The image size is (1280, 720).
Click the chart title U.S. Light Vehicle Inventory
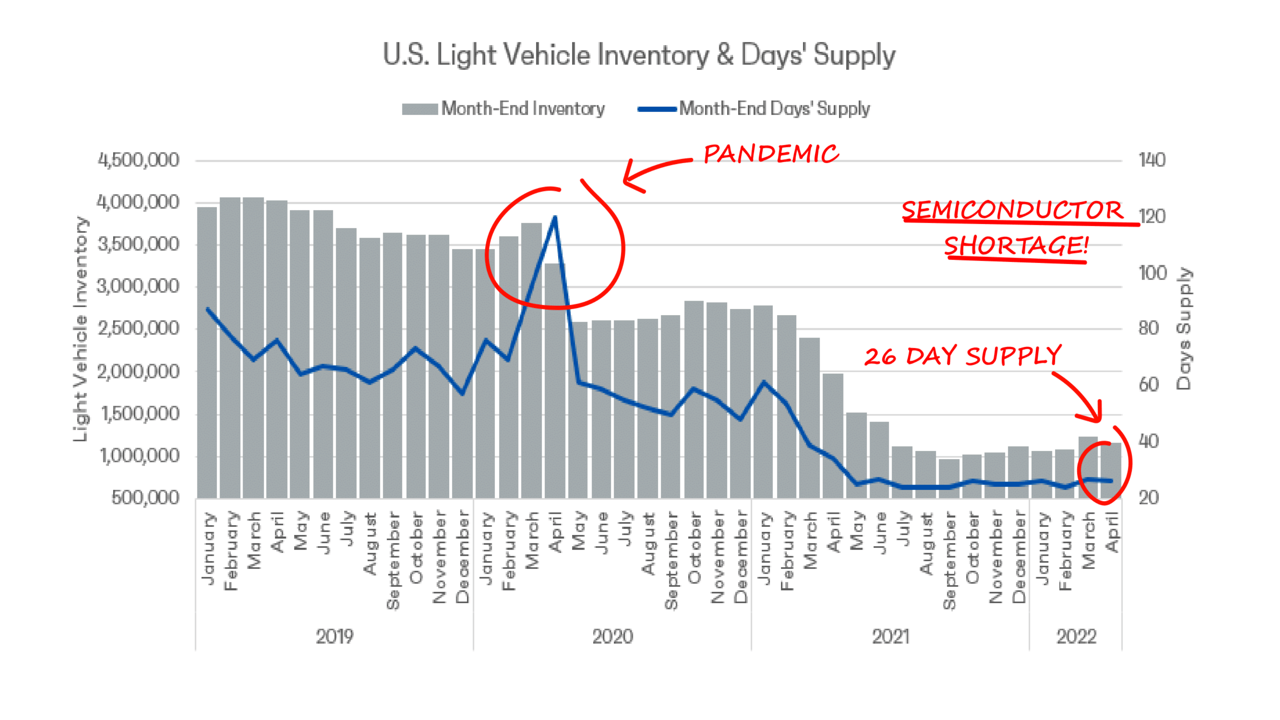(639, 55)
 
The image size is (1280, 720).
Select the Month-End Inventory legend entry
(503, 108)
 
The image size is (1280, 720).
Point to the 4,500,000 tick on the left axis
(138, 161)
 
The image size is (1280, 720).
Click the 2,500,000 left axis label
(138, 328)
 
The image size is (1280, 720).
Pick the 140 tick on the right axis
(1152, 161)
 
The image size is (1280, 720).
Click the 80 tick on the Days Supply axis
(1149, 328)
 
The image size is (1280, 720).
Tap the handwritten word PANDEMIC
(771, 154)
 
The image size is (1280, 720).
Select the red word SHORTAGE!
(1016, 245)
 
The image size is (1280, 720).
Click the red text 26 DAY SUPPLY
(962, 356)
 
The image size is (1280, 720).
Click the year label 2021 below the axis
(890, 637)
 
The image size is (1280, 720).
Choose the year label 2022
(1076, 637)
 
